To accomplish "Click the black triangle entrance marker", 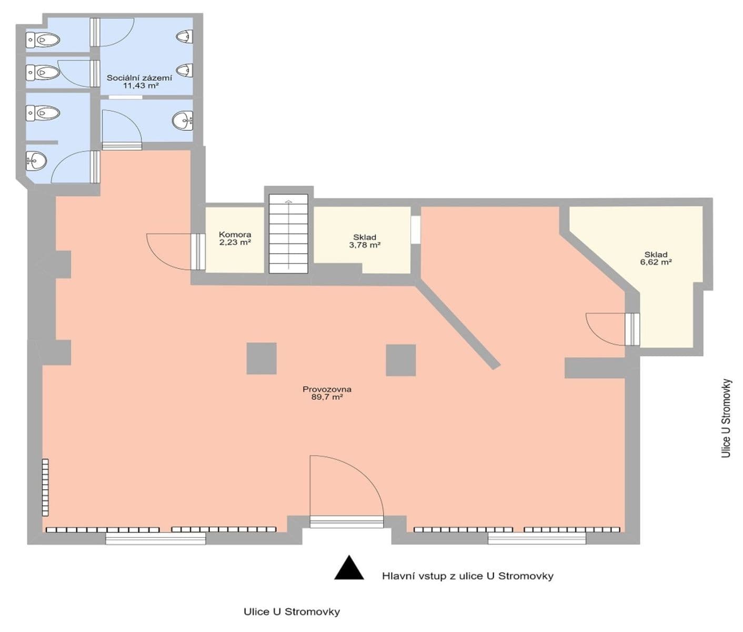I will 349,569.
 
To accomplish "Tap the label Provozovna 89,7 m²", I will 327,393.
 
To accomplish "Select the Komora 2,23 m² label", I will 235,239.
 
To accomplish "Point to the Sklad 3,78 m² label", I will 364,241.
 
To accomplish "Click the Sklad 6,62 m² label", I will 656,258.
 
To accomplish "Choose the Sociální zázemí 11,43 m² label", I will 139,81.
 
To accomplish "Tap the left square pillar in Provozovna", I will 262,359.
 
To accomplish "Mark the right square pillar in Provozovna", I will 400,360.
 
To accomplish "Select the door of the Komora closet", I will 198,252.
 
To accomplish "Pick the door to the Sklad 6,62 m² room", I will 631,329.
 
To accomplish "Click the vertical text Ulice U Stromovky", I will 726,418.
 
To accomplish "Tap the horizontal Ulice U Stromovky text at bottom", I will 292,612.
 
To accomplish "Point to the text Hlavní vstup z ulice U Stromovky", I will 467,576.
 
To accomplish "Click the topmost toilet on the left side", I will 43,39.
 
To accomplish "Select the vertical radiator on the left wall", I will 45,488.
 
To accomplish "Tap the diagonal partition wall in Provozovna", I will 458,326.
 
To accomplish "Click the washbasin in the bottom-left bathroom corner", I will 36,160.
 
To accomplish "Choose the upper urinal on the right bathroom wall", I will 184,36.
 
